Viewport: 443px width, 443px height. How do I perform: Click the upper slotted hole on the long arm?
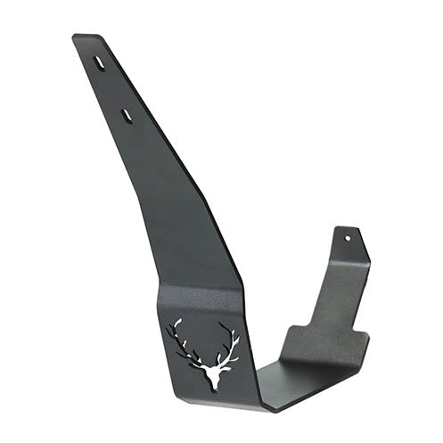pos(100,64)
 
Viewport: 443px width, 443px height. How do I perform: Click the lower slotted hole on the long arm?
pos(127,115)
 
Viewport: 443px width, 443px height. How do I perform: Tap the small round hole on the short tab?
pos(348,239)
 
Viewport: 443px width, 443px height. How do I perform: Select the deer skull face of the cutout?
pos(213,370)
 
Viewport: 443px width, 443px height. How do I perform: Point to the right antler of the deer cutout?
pos(229,342)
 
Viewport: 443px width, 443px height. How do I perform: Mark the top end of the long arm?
pos(86,37)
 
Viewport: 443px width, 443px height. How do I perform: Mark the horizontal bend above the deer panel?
pos(201,287)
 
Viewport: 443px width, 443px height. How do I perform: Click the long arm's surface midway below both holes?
pos(178,205)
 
